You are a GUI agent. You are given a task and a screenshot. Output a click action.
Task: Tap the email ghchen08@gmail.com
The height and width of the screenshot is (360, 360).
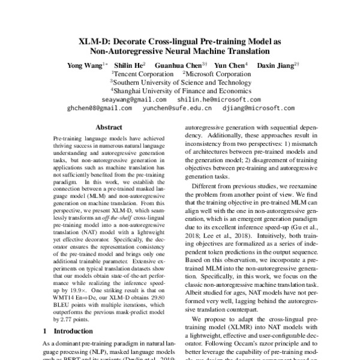click(x=99, y=108)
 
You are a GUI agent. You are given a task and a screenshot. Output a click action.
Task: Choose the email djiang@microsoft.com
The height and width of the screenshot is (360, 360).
click(x=257, y=108)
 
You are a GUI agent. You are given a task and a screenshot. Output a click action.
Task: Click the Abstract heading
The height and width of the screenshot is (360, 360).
click(x=109, y=128)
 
